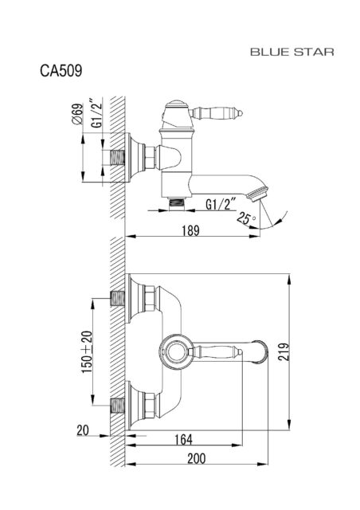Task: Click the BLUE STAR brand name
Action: [292, 52]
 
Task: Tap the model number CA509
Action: [61, 70]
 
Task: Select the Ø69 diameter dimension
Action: [77, 114]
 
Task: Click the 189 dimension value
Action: [190, 230]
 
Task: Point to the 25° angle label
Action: [246, 218]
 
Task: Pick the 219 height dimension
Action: [284, 351]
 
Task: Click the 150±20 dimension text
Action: [87, 352]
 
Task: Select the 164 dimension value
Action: [183, 439]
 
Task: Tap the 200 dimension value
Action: [197, 459]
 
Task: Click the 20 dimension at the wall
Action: [83, 430]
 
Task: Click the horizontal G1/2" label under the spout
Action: [221, 205]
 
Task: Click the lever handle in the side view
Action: [216, 113]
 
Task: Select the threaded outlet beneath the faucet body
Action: [177, 204]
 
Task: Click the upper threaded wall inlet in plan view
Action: [118, 298]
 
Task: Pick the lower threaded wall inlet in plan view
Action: [118, 406]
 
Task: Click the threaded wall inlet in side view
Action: [118, 158]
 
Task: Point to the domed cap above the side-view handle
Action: [176, 104]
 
